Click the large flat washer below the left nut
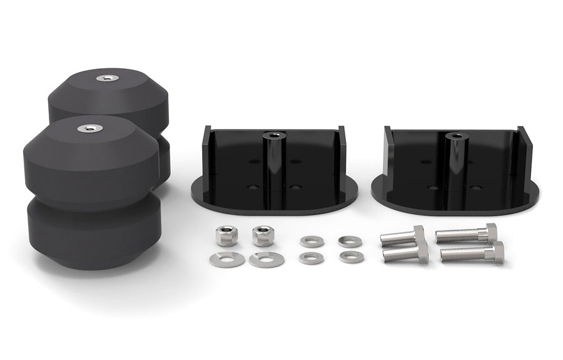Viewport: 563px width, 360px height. tap(227, 259)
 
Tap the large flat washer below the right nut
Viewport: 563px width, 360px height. tap(266, 259)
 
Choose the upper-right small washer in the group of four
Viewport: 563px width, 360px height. tap(348, 240)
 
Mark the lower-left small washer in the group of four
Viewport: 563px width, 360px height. tap(310, 257)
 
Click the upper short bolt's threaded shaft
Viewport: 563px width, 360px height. tap(396, 237)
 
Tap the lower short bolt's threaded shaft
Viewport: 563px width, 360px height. tap(400, 254)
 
